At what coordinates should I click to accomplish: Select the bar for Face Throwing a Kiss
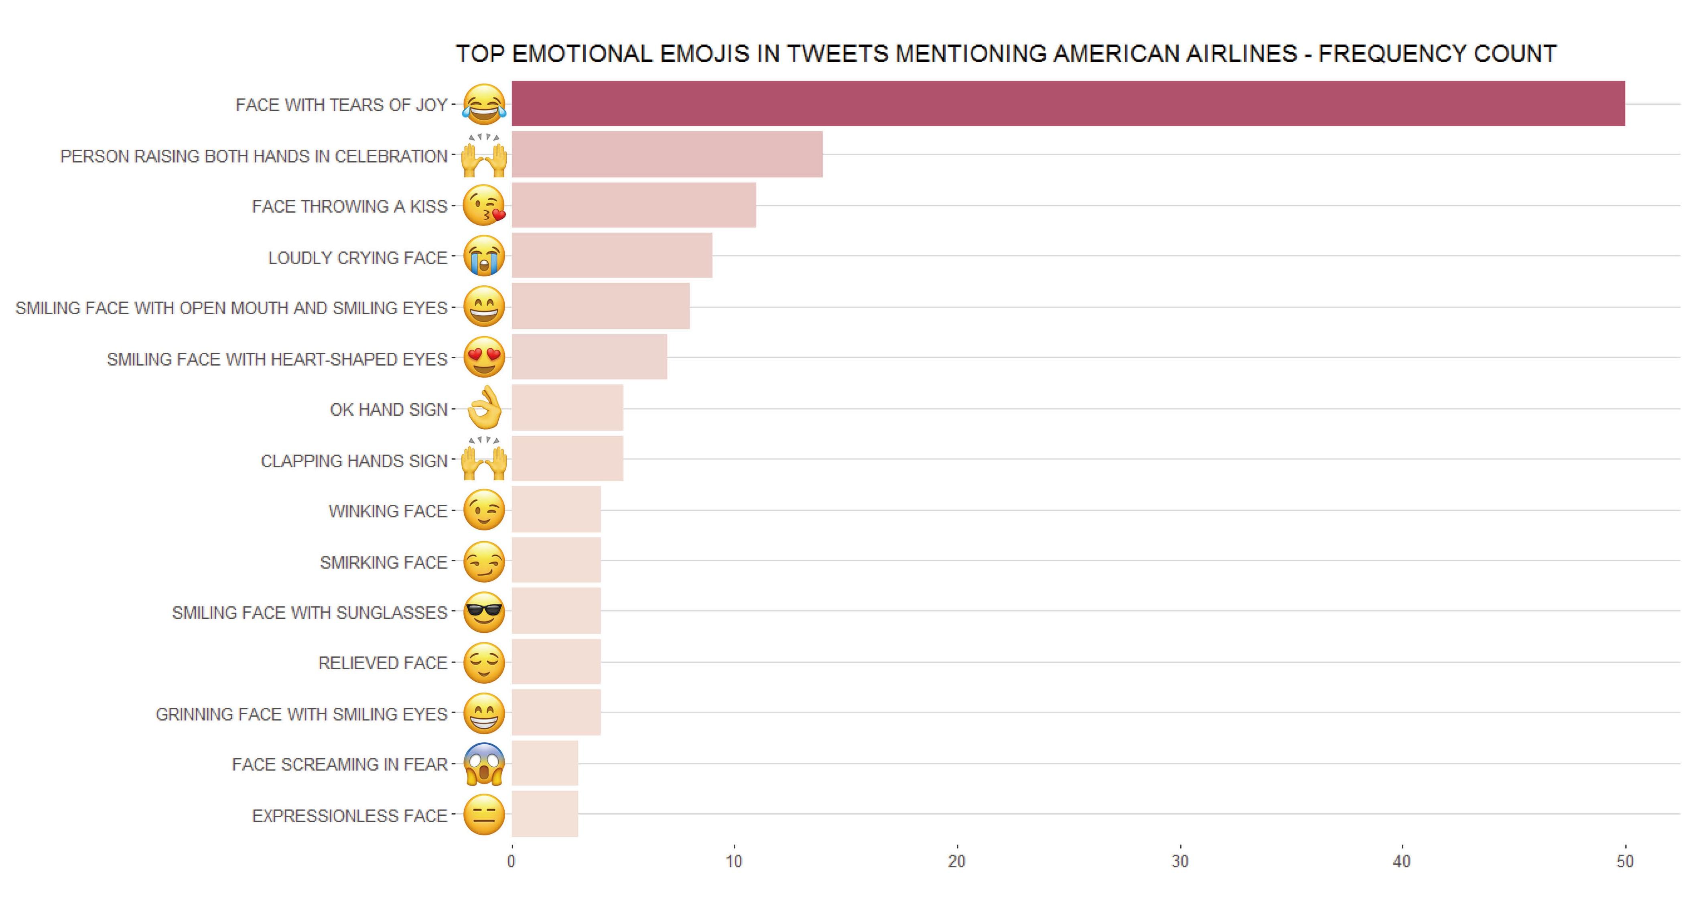click(x=633, y=205)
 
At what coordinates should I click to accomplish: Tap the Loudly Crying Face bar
click(x=611, y=256)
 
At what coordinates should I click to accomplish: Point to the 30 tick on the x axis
click(x=1179, y=861)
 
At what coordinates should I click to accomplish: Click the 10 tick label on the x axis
click(x=733, y=861)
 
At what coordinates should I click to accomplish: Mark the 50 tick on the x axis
click(x=1625, y=861)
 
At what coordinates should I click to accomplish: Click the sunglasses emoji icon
click(x=484, y=612)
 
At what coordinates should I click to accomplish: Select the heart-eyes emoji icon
click(x=484, y=358)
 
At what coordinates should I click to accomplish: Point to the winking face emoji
click(x=484, y=510)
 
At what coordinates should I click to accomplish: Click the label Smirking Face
click(x=383, y=563)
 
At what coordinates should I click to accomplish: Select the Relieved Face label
click(x=383, y=663)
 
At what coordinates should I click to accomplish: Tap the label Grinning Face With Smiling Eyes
click(x=301, y=714)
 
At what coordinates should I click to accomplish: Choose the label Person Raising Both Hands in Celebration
click(x=254, y=156)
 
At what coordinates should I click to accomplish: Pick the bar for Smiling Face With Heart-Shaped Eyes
click(x=589, y=358)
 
